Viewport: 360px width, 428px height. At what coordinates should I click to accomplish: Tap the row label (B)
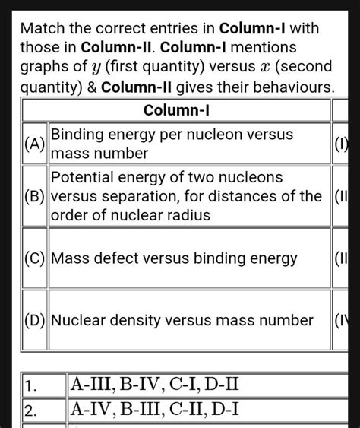[34, 197]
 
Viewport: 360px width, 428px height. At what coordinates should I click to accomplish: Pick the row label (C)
[34, 259]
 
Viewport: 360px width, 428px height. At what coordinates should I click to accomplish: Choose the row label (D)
[34, 320]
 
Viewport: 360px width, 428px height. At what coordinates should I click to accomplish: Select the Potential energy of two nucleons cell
[190, 197]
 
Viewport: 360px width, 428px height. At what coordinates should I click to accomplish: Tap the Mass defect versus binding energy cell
[190, 259]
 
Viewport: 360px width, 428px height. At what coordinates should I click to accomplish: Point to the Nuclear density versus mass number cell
[190, 320]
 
